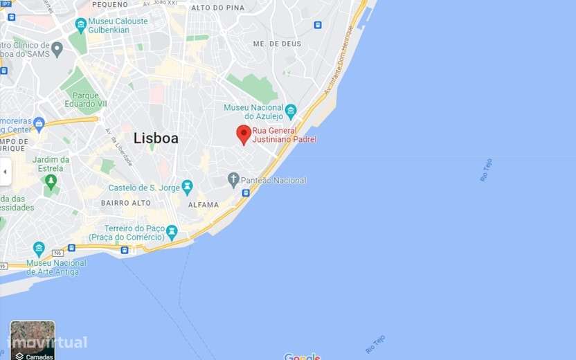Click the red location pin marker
click(244, 134)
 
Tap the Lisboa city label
click(156, 138)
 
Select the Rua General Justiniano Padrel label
click(284, 135)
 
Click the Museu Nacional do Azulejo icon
click(291, 111)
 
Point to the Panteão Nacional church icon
click(234, 180)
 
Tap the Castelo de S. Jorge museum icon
click(187, 187)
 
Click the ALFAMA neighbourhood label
click(204, 205)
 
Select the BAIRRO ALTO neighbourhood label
click(125, 203)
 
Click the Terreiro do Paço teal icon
click(172, 233)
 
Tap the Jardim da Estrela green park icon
click(50, 182)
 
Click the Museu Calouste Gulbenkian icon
click(81, 26)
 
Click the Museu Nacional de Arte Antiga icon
click(39, 249)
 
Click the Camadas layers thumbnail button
click(33, 340)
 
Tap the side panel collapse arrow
click(6, 171)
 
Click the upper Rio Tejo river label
click(486, 170)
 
